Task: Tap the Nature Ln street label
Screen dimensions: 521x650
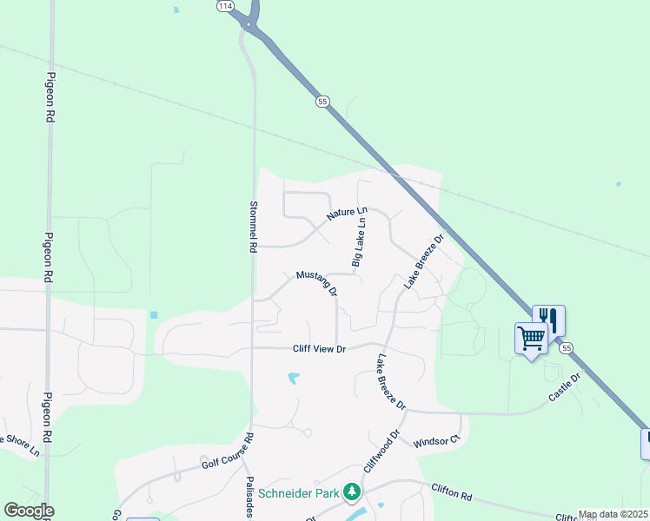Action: pyautogui.click(x=348, y=214)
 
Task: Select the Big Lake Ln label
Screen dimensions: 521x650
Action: pyautogui.click(x=358, y=242)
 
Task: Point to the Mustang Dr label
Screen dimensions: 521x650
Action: pyautogui.click(x=316, y=283)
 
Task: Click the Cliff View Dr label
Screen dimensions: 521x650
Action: pyautogui.click(x=319, y=349)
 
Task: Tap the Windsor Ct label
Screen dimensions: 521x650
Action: pyautogui.click(x=436, y=441)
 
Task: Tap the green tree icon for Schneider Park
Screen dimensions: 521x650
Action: pyautogui.click(x=352, y=493)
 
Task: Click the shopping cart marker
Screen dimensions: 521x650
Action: pyautogui.click(x=531, y=337)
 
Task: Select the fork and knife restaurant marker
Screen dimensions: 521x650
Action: pyautogui.click(x=549, y=319)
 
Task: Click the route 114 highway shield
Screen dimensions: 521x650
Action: pyautogui.click(x=226, y=5)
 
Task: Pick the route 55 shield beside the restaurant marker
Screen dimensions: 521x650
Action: pyautogui.click(x=567, y=347)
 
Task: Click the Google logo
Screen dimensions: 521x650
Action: pyautogui.click(x=29, y=511)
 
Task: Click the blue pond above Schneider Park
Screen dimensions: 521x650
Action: pyautogui.click(x=294, y=379)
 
